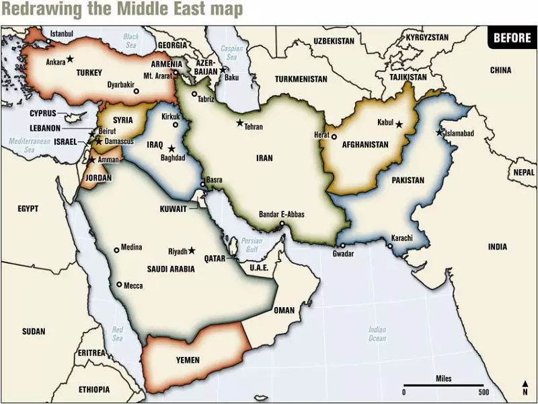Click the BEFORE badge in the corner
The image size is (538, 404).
coord(512,38)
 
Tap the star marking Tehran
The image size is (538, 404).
coord(239,123)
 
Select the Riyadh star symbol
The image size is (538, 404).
coord(192,250)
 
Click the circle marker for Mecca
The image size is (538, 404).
coord(119,285)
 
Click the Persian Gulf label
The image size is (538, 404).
coord(252,245)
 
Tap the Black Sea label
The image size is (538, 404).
coord(130,41)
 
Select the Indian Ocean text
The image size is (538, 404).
coord(377,334)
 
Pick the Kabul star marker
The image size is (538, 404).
coord(399,124)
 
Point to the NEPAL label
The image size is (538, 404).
coord(523,172)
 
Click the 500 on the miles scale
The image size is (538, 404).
coord(483,392)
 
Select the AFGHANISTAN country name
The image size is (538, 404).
coord(365,145)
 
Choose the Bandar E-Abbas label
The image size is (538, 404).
coord(281,215)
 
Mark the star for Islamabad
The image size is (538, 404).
coord(439,132)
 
